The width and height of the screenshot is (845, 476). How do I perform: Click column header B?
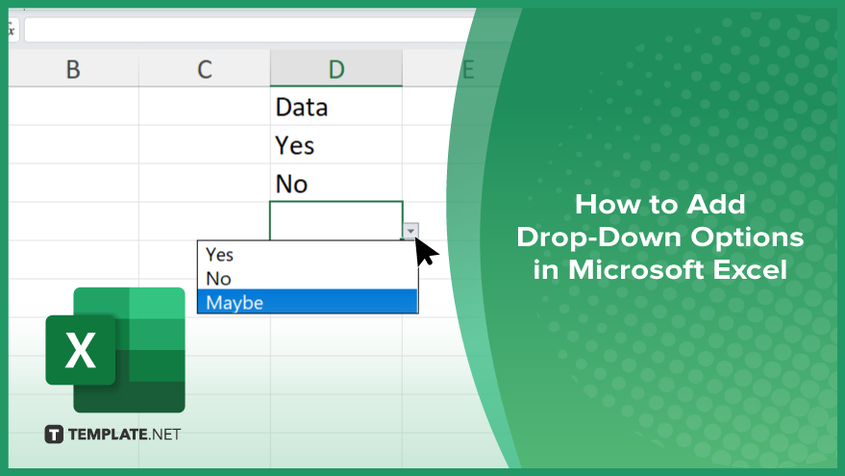coord(73,68)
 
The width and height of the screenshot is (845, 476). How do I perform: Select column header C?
coord(205,68)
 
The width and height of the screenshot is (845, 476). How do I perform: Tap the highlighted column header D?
coord(336,68)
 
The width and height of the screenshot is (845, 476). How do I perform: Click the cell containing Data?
coord(336,106)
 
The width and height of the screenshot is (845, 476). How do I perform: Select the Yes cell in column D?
coord(336,144)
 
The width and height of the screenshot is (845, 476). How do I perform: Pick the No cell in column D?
coord(336,183)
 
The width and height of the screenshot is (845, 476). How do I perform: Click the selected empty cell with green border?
coord(336,220)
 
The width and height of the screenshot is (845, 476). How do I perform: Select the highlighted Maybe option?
coord(308,301)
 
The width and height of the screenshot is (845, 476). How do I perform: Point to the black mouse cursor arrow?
coord(425,251)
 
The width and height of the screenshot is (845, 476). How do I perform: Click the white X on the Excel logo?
coord(81,350)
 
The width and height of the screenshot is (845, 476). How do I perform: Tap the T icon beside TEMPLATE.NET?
coord(54,434)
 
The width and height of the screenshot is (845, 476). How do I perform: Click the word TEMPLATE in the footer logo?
coord(108,434)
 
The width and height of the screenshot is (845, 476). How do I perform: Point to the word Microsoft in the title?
coord(635,269)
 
